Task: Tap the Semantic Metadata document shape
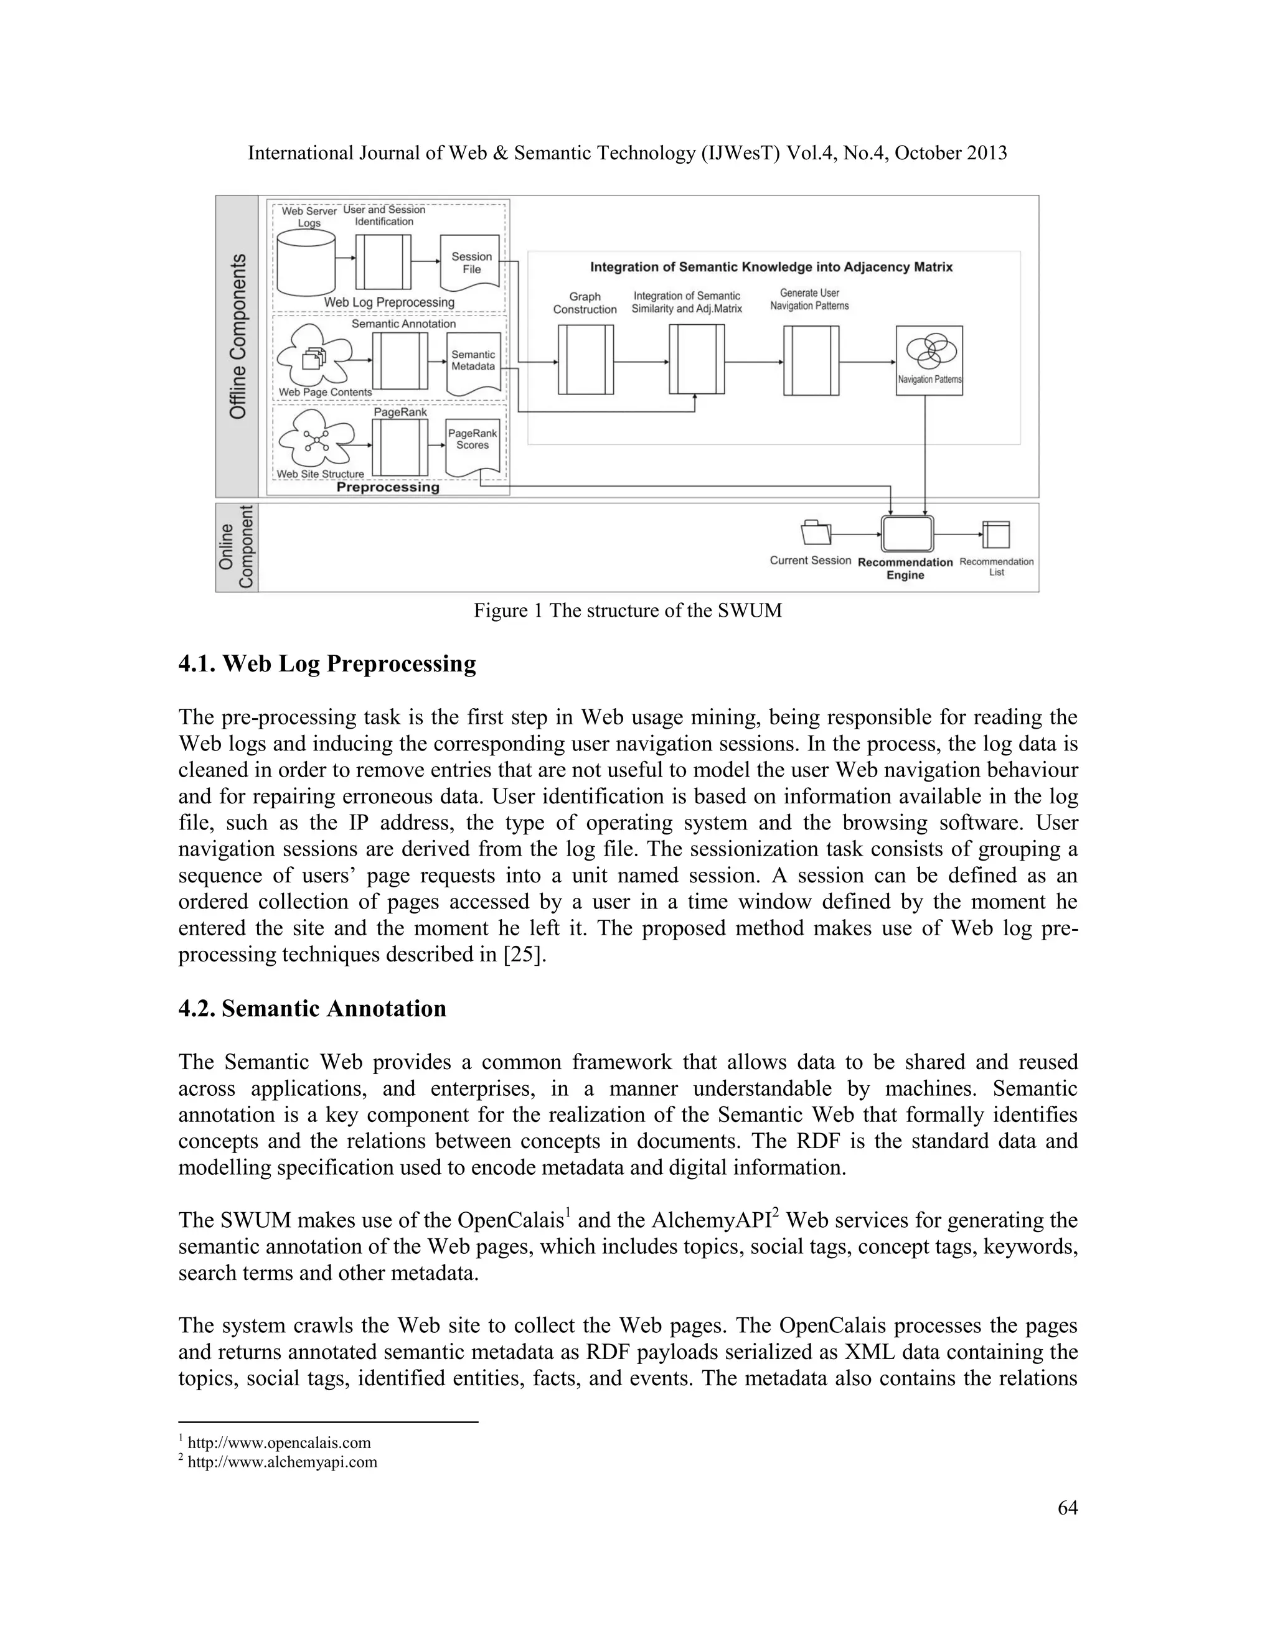point(474,362)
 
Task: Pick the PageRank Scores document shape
point(473,445)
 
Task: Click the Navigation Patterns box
point(929,360)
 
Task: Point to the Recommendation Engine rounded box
point(907,535)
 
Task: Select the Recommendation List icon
point(996,535)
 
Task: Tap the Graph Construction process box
point(585,360)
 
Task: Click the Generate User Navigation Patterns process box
point(811,360)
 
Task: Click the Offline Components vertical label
point(238,337)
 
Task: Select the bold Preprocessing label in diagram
point(387,488)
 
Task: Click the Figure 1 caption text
point(627,611)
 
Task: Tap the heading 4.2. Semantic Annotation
point(312,1009)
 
